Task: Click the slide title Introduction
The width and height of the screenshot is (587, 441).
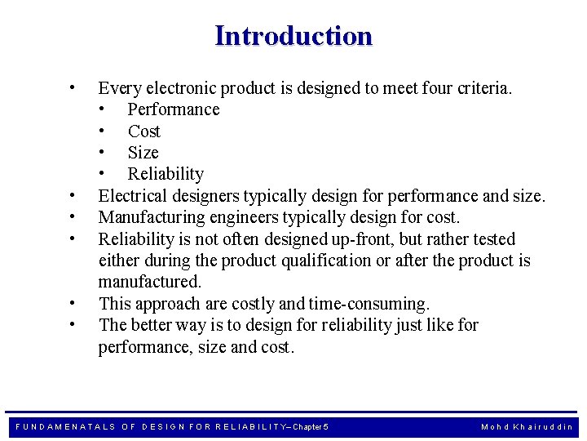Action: point(293,36)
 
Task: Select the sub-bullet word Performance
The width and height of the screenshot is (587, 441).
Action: point(174,109)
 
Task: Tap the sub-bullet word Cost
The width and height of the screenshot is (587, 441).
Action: point(144,131)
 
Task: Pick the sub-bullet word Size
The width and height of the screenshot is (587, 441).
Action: point(143,153)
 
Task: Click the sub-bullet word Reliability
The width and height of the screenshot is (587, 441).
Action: point(166,174)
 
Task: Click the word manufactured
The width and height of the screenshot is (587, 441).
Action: point(149,282)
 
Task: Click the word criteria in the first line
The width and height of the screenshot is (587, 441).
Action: point(482,88)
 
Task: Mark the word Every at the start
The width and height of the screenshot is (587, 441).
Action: point(119,88)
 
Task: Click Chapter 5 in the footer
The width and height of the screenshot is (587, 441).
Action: point(311,426)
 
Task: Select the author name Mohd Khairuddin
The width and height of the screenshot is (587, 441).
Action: point(527,426)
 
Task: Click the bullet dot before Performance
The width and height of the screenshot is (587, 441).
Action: point(102,109)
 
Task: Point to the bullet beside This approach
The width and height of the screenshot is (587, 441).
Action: point(73,302)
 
